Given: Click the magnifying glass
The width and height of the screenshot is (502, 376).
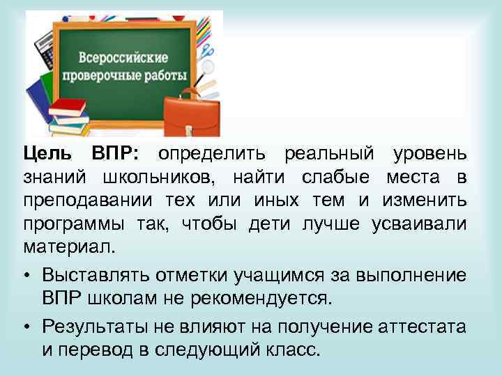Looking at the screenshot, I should [x=207, y=70].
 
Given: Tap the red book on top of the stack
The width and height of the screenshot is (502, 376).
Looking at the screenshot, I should [x=68, y=107].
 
